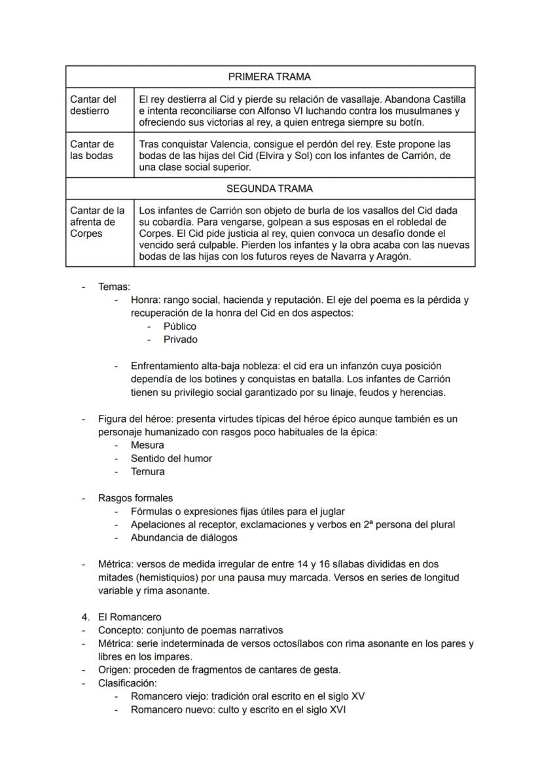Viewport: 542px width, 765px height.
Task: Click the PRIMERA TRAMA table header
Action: tap(270, 77)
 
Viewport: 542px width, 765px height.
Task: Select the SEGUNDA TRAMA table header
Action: tap(270, 188)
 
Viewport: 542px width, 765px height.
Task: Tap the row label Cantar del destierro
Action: tap(93, 105)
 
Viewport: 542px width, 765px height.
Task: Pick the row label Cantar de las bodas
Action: tap(92, 150)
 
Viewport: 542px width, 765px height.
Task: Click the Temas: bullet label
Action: tap(114, 287)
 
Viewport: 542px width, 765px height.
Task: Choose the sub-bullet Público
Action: tap(179, 326)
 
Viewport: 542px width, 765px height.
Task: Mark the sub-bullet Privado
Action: tap(180, 340)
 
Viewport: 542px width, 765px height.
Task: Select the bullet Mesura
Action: tap(147, 445)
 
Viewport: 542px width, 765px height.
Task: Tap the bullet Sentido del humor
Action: tap(171, 458)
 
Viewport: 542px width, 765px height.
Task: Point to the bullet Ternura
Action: tap(147, 471)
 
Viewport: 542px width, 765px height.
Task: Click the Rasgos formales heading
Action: tap(135, 498)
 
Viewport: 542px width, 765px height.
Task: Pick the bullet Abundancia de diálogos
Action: tap(184, 537)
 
